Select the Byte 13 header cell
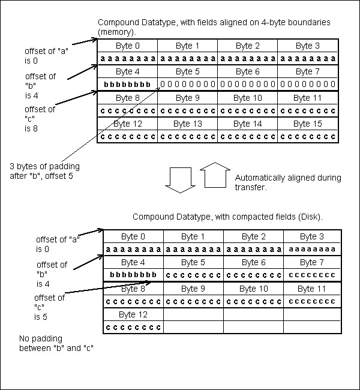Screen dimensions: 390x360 click(188, 124)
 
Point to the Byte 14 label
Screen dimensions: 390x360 click(248, 124)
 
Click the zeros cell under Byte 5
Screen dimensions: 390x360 click(188, 85)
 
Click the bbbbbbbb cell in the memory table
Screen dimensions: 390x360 click(127, 85)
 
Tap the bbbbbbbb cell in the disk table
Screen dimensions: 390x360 click(133, 275)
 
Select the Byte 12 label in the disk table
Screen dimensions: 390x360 click(133, 314)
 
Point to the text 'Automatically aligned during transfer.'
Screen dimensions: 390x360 click(288, 182)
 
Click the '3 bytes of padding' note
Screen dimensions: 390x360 click(44, 170)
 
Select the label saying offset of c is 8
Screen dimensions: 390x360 click(40, 119)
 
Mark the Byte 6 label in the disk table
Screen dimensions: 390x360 click(253, 262)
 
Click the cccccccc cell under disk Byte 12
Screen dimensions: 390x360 click(133, 327)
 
